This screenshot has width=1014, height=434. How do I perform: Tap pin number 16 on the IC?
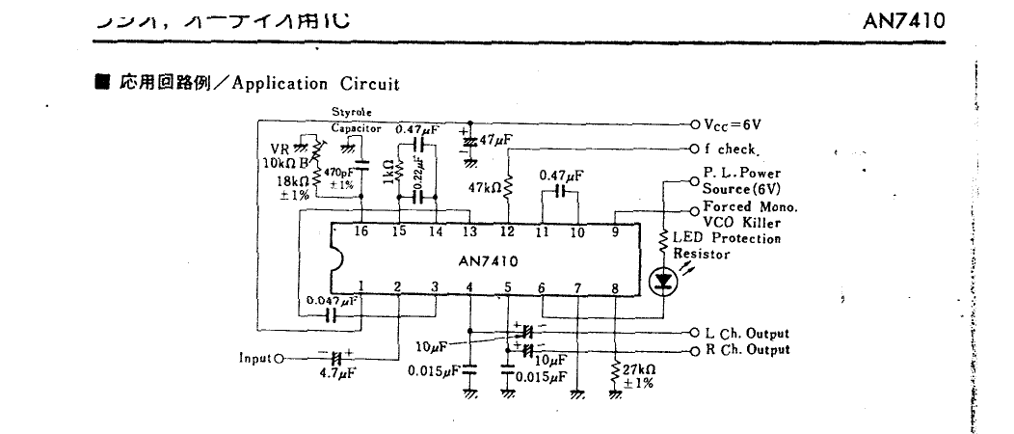(361, 231)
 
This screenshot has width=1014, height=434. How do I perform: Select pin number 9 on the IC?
(614, 231)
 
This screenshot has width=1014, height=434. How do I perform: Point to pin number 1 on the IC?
(360, 286)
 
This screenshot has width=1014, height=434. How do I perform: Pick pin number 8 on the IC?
(614, 286)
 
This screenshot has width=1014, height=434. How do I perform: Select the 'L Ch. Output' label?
(746, 334)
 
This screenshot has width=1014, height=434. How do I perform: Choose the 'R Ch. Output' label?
(746, 349)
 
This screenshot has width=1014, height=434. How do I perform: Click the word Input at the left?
(254, 360)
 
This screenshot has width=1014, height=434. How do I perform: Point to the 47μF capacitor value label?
(494, 140)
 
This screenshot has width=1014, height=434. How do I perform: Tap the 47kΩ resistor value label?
(484, 188)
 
